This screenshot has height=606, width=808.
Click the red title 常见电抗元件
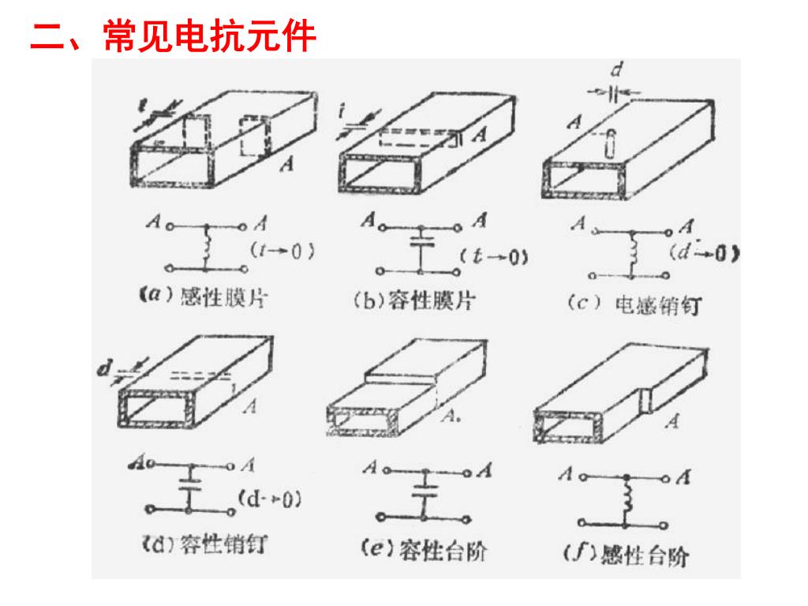[210, 36]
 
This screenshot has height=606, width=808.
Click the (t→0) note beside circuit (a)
[282, 252]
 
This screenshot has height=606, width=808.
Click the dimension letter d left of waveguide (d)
[105, 368]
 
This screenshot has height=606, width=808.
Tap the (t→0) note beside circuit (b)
[492, 258]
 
